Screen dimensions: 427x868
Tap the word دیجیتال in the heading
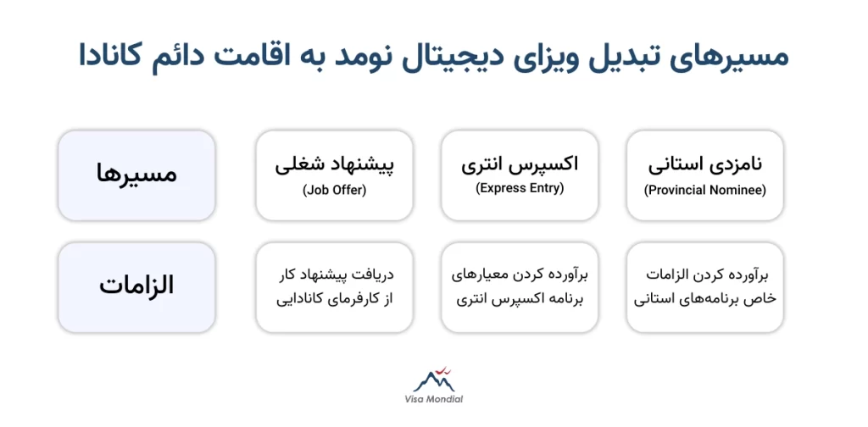442,56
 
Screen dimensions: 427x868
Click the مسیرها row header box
136,175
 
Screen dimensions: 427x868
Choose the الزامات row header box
136,286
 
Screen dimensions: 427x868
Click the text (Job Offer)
334,191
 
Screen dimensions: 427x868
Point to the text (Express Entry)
520,188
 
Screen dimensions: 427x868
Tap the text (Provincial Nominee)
705,191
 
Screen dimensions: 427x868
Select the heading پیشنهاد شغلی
334,164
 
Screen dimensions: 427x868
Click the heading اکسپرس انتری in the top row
520,164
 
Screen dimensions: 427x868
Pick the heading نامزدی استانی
705,164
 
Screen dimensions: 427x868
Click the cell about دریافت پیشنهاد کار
334,286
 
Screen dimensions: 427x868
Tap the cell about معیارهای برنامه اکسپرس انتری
520,286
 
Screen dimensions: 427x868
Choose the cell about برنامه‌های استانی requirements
705,286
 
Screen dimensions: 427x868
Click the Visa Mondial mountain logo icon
433,380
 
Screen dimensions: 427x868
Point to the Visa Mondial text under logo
433,400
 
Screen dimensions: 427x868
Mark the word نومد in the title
359,56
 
